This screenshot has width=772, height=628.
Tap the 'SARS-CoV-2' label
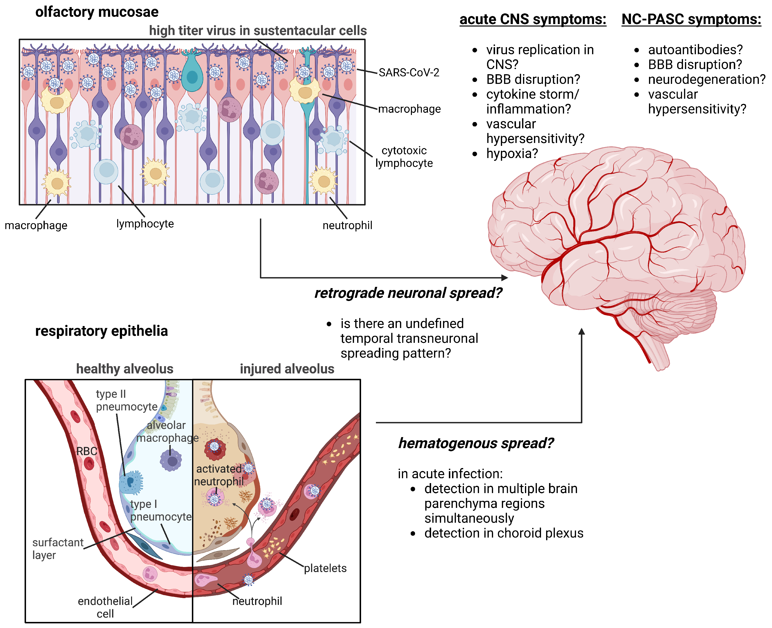click(409, 73)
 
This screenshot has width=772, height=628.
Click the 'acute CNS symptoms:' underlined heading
click(532, 19)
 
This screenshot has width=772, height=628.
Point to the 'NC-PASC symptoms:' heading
click(691, 19)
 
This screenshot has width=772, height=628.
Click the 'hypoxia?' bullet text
click(512, 154)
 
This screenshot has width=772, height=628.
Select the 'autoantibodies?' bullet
click(695, 50)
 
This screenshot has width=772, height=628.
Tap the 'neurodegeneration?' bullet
click(706, 79)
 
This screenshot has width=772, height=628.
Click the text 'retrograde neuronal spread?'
click(408, 293)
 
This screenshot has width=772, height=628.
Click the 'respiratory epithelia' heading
click(101, 331)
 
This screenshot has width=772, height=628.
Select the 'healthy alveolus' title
click(124, 369)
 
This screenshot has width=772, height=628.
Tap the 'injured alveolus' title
click(287, 369)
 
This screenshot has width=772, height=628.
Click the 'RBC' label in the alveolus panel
click(87, 451)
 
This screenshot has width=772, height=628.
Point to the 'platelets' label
click(325, 568)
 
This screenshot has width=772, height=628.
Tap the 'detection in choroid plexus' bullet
click(504, 533)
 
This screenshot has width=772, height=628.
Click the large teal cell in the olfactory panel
click(192, 74)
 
